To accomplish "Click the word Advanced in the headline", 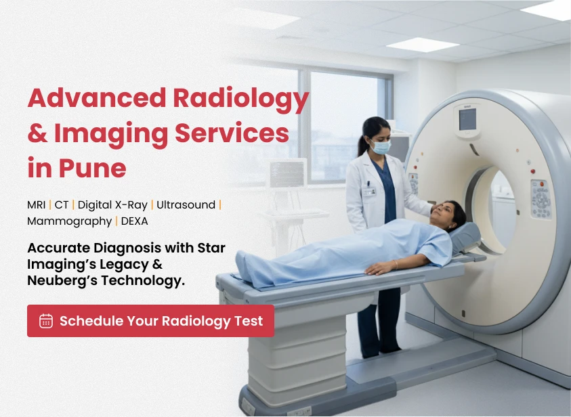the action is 97,97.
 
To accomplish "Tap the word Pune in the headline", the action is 93,168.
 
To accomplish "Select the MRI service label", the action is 37,205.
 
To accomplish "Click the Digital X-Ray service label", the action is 112,205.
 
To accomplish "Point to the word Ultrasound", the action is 186,205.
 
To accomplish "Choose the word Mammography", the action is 70,221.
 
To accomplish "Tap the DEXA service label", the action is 134,221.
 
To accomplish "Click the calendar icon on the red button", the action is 46,321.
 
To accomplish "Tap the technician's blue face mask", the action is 381,147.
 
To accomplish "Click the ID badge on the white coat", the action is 369,191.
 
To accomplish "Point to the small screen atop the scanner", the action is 467,119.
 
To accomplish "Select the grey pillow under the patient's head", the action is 465,237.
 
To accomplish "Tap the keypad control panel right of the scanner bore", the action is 541,199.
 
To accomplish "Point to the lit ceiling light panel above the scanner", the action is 423,45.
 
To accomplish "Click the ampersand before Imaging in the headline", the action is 37,133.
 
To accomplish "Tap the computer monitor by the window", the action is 288,173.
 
